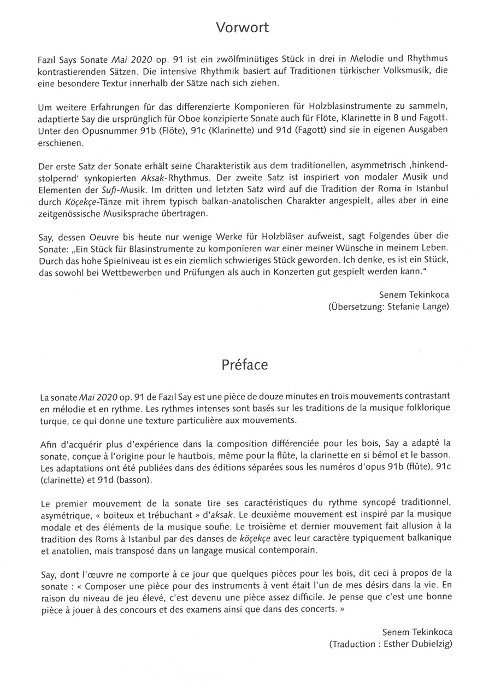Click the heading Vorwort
(x=241, y=27)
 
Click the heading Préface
(x=241, y=365)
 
